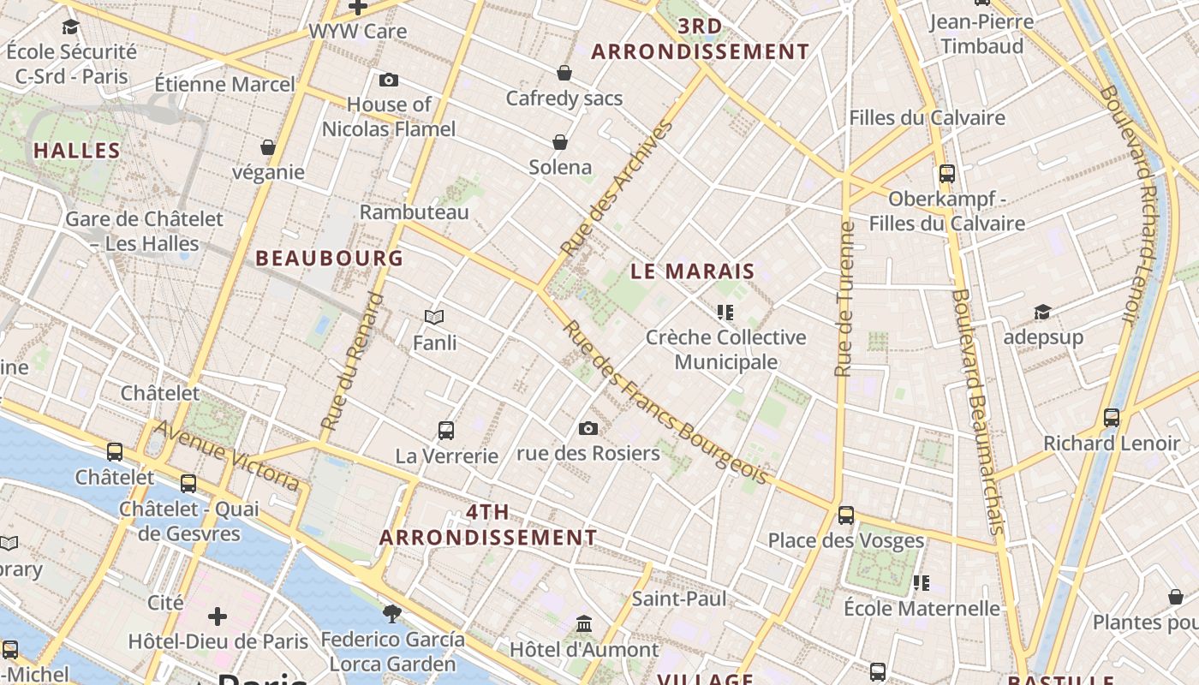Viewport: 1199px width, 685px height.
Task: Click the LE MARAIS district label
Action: coord(693,271)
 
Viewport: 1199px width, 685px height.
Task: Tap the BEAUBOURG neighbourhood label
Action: coord(330,258)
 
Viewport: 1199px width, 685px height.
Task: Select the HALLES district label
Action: coord(77,151)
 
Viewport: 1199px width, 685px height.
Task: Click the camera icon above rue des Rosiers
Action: coord(588,428)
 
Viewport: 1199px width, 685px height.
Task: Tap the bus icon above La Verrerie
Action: coord(446,430)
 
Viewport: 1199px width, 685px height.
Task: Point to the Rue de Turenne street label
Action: coord(844,300)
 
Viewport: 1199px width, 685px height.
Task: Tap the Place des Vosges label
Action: coord(846,540)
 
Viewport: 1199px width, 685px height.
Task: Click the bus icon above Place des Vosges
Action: coord(846,515)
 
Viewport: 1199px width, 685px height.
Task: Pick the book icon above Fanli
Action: coord(434,318)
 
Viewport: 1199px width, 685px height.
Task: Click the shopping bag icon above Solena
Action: coord(560,141)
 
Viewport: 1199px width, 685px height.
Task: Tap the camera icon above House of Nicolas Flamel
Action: coord(389,80)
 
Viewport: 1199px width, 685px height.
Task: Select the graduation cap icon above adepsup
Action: coord(1042,312)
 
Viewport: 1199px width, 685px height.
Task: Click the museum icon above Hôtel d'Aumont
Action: coord(584,623)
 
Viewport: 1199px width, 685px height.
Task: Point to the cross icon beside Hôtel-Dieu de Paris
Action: coord(218,616)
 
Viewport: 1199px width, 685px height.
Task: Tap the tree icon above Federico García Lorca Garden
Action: coord(392,613)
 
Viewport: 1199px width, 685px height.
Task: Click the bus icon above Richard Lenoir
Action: coord(1112,418)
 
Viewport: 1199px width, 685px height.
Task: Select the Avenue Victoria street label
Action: coord(227,456)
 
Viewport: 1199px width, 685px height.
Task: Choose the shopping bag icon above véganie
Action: coord(268,147)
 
